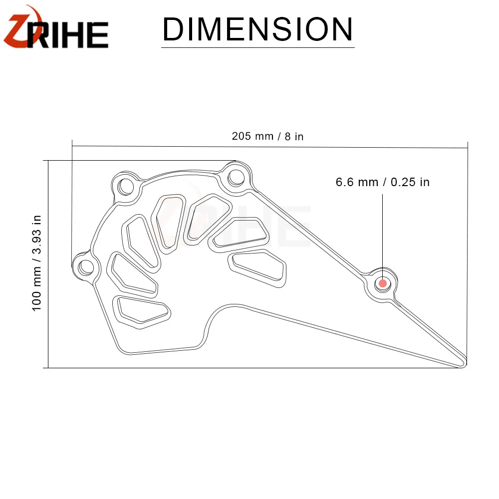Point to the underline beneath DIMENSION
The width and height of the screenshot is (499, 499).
click(257, 47)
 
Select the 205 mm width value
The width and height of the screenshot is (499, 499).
click(252, 136)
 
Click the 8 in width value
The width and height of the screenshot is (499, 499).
click(294, 137)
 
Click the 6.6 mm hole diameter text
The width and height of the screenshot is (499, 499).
click(357, 182)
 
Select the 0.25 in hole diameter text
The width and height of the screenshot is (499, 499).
click(410, 182)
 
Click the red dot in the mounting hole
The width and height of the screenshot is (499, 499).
click(383, 283)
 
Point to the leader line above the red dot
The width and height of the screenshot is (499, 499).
click(383, 235)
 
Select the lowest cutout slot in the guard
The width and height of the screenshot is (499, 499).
click(140, 309)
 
